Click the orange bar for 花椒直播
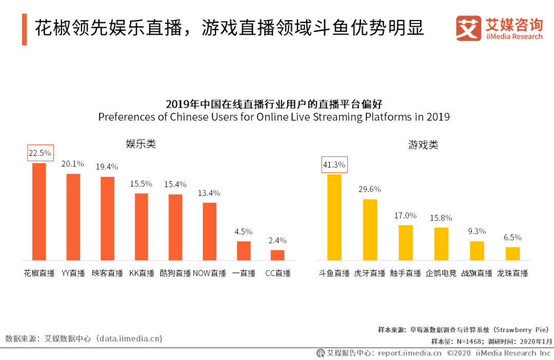(x=39, y=211)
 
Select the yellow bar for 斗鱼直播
(x=334, y=217)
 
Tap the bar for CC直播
(x=278, y=255)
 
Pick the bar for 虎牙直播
(x=370, y=229)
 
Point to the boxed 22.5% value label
(x=39, y=152)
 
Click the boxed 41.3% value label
(x=334, y=165)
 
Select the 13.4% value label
(x=209, y=193)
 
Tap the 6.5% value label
(x=512, y=237)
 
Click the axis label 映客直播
(x=107, y=273)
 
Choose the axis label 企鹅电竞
(x=441, y=273)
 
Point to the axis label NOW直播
(x=209, y=273)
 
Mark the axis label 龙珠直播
(x=512, y=273)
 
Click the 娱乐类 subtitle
(x=141, y=144)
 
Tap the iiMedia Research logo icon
(x=468, y=29)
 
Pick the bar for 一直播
(x=244, y=250)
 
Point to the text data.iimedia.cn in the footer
(x=131, y=338)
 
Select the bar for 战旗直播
(x=477, y=250)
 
